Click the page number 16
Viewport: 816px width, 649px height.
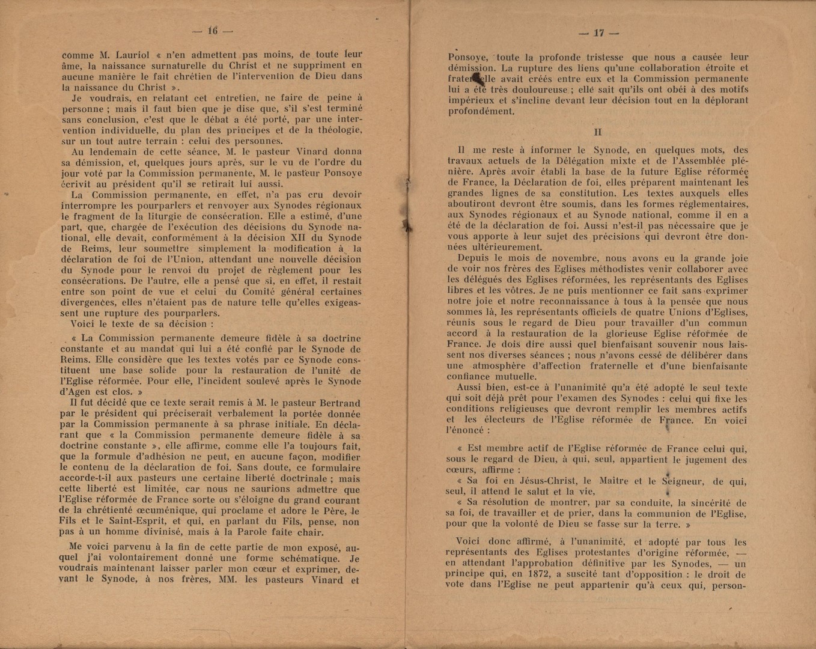tap(212, 31)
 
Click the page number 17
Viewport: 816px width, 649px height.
tap(598, 33)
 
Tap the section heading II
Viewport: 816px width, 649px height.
tap(597, 132)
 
